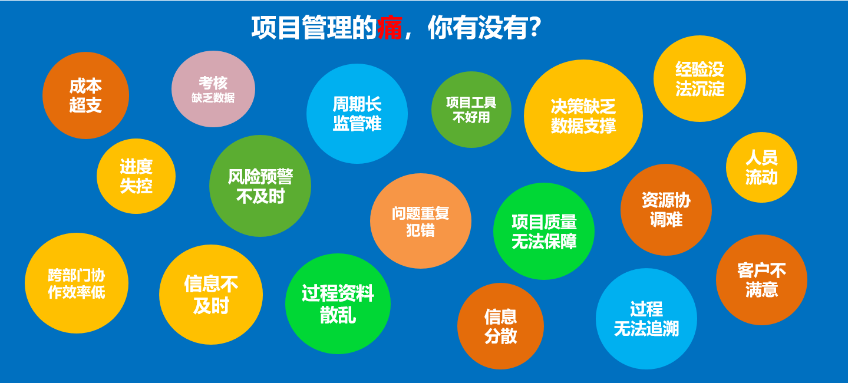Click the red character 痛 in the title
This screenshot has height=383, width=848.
[390, 28]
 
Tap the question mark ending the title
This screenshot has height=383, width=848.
[534, 27]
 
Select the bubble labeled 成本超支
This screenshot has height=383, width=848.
[85, 95]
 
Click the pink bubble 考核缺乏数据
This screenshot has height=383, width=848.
[213, 89]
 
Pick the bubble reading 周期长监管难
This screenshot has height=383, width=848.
[357, 114]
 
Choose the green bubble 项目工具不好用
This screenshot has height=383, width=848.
[471, 110]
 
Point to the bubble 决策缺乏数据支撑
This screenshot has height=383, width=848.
[583, 116]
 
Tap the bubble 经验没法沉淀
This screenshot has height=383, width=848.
[699, 79]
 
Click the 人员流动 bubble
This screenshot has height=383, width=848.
[761, 167]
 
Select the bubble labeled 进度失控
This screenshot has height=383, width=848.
[136, 176]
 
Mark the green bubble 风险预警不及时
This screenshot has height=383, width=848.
[260, 186]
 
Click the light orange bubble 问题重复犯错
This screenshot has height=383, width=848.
[421, 221]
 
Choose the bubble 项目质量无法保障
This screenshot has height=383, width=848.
[544, 231]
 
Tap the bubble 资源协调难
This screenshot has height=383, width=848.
[666, 210]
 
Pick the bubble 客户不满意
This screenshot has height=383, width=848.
[761, 280]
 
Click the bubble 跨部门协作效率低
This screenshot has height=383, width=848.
[77, 283]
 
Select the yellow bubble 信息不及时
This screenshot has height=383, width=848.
[211, 295]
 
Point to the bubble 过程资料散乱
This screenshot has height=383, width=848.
[338, 303]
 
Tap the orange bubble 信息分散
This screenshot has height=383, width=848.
[500, 326]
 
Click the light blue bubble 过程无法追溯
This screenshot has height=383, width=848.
[646, 319]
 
